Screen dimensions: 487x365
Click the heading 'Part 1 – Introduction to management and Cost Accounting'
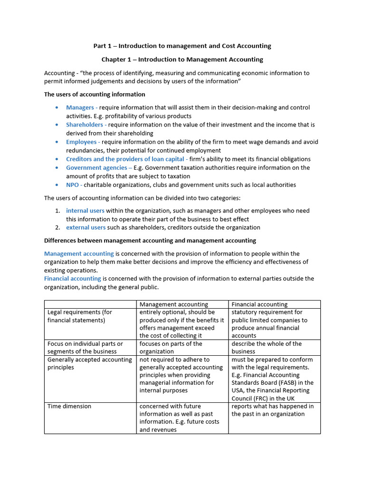tap(182, 46)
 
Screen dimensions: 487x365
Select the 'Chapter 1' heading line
tap(182, 59)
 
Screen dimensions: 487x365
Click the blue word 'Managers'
tap(80, 108)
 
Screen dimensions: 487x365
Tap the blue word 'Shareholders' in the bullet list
tap(84, 125)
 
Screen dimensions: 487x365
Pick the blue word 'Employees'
tap(81, 142)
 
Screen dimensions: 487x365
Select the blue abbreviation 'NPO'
tap(72, 185)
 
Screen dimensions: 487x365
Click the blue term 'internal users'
tap(85, 211)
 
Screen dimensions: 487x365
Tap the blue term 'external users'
tap(86, 228)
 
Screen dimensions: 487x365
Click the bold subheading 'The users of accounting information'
tap(95, 95)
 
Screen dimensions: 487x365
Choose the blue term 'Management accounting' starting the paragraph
tap(79, 254)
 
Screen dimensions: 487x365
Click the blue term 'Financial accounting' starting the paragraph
tap(73, 279)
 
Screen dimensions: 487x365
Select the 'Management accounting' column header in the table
tap(173, 304)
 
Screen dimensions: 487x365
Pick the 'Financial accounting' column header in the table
tap(259, 304)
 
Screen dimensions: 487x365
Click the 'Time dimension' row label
tap(69, 407)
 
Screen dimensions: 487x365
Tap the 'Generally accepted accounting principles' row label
tap(89, 363)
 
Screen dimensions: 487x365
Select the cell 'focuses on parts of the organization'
tap(171, 348)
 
